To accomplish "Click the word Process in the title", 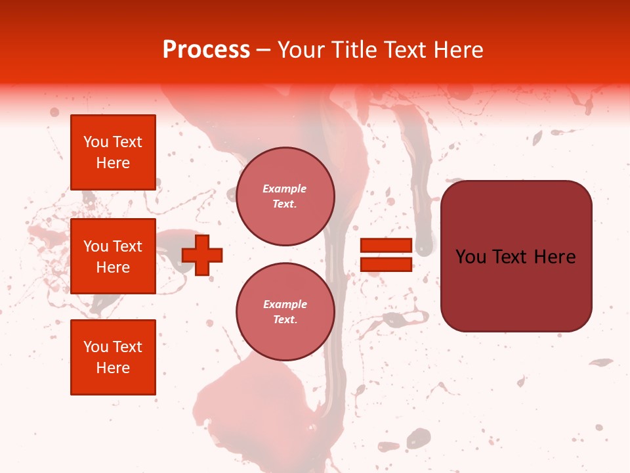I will point(206,50).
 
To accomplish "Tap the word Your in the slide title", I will point(299,50).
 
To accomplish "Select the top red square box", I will point(113,152).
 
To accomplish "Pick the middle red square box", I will point(113,256).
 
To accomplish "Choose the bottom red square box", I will point(113,357).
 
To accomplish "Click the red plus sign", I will point(202,255).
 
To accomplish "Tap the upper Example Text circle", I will point(285,196).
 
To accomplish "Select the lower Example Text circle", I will point(285,312).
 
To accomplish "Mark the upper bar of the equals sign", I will point(386,246).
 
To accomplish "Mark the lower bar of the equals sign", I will point(386,264).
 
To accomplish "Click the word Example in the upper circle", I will point(285,189).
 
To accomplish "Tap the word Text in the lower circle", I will point(285,320).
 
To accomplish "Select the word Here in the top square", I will point(113,163).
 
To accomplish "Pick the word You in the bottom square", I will point(96,347).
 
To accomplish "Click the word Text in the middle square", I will point(127,246).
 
